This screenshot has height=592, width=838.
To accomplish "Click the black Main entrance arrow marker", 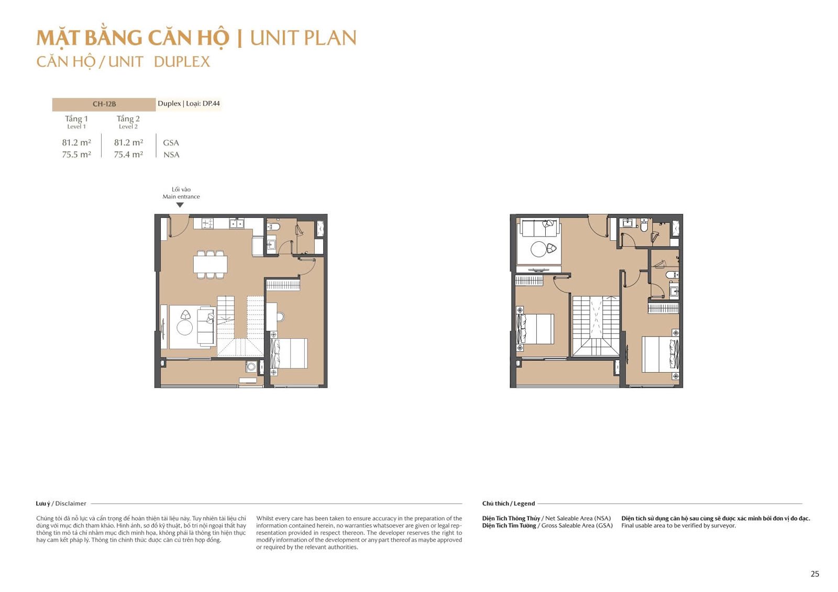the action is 180,205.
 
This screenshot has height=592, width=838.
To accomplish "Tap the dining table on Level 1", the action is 210,264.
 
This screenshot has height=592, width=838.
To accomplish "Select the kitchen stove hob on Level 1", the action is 207,224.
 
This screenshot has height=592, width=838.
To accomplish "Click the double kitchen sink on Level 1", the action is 237,224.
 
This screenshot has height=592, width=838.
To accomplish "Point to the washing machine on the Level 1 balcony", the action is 251,366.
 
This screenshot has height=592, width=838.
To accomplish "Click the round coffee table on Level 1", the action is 185,328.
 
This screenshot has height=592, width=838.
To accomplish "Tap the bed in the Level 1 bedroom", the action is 289,353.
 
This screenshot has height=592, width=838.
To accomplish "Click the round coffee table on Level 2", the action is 539,249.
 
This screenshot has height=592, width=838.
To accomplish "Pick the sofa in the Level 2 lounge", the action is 539,228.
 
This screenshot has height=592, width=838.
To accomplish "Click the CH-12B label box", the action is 104,104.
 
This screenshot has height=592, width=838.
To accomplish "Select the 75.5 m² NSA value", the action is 76,154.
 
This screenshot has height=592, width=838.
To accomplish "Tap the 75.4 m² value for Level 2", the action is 128,154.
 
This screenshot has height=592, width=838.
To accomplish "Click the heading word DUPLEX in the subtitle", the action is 182,62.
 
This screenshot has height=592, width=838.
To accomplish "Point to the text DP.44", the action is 211,103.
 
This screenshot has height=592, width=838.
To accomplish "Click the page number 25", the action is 815,574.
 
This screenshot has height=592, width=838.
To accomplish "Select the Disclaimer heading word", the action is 71,504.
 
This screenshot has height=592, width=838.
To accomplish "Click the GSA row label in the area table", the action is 171,142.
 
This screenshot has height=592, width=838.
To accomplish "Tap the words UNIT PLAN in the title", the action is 303,38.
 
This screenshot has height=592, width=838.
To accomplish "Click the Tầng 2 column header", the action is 128,119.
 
